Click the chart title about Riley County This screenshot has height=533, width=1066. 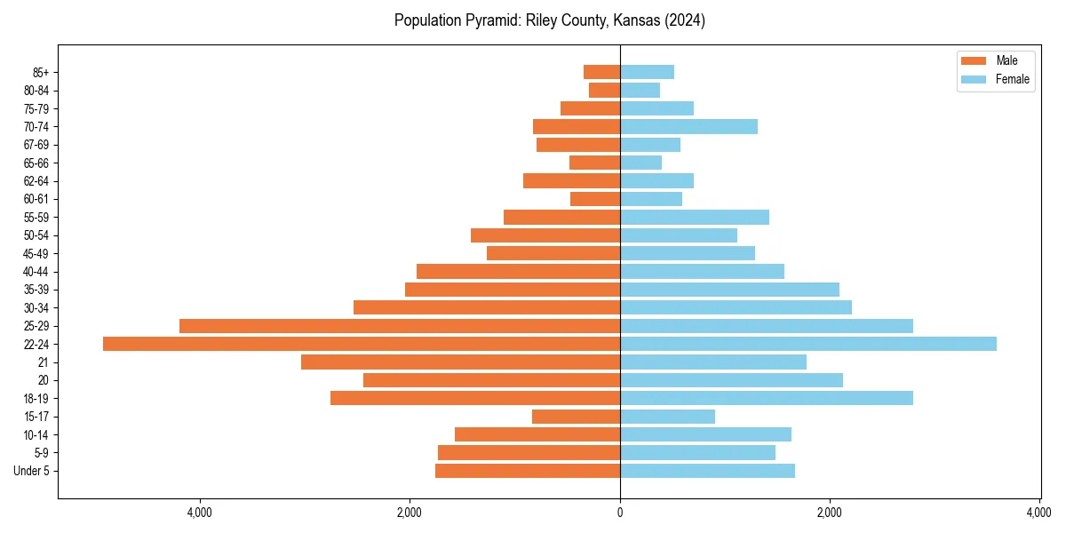[x=549, y=20]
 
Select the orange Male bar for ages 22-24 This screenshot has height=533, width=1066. [x=362, y=344]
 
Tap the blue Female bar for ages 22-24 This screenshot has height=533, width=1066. [x=807, y=344]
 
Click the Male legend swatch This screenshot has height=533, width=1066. [x=974, y=60]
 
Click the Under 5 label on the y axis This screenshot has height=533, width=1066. [x=31, y=471]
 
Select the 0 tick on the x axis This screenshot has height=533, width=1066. [x=620, y=513]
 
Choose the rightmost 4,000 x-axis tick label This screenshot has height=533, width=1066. [x=1038, y=513]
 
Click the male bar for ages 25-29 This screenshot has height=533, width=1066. [x=400, y=326]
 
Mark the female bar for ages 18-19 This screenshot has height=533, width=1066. [x=766, y=398]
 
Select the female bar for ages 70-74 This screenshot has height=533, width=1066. [x=688, y=127]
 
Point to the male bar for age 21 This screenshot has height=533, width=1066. [x=460, y=362]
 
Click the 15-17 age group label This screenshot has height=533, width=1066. [x=36, y=417]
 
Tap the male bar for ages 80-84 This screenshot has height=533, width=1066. [x=604, y=91]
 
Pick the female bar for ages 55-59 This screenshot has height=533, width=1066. [x=694, y=218]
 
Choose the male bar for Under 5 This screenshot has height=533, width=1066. [x=528, y=471]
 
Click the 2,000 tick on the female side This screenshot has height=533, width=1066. [x=830, y=513]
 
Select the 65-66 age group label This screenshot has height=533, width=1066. [x=36, y=163]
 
